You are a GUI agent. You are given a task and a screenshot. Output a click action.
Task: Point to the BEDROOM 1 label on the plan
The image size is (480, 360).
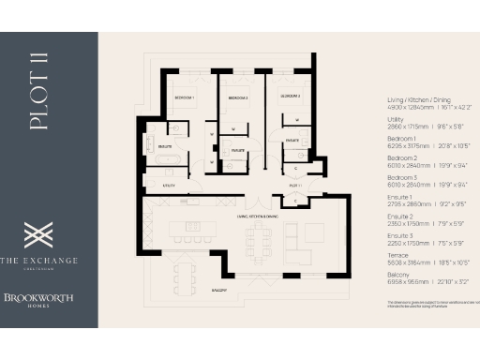point(184,97)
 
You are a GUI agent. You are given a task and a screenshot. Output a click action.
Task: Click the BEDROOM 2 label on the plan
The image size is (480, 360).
point(238,97)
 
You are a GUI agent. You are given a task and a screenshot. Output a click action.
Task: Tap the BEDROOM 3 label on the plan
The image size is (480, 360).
point(287,96)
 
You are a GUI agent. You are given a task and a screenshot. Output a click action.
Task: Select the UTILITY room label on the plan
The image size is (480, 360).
point(171,186)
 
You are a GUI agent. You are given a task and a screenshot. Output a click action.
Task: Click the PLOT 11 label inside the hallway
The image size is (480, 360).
point(293,186)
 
